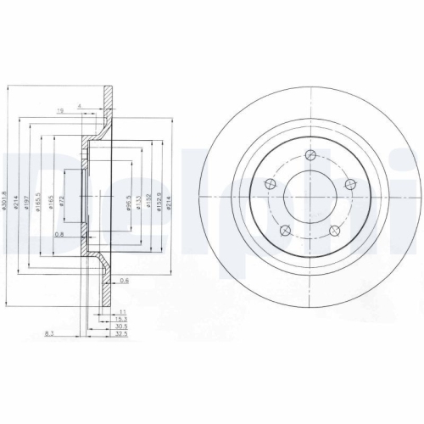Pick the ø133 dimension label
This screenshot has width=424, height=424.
[138, 204]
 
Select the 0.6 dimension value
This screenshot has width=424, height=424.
[125, 281]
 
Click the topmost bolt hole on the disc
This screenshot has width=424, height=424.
[310, 154]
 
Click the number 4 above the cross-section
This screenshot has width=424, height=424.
[80, 105]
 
